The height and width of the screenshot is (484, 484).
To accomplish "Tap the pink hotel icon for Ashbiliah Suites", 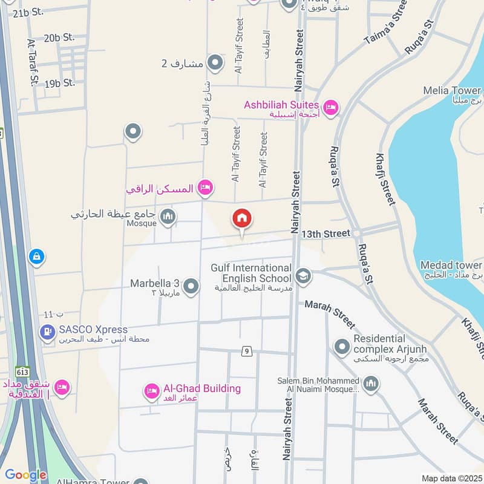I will pos(330,108).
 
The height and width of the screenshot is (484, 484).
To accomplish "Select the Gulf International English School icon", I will pos(303,276).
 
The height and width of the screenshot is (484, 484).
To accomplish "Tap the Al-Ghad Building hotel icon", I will pos(151,391).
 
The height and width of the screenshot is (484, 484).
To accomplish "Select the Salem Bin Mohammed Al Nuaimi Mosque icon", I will pos(370,383).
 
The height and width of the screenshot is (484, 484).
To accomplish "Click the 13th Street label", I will pos(326,234).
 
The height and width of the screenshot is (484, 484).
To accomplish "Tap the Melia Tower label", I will pos(453,91).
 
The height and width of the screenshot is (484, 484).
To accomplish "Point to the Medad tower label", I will pos(451,266).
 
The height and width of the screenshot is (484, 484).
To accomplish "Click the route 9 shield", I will pos(246,351).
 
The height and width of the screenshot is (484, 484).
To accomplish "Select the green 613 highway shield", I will pos(23,371).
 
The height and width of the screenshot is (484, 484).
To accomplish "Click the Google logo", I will pos(25,475).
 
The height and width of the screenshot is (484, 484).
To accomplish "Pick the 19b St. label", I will pos(60,83).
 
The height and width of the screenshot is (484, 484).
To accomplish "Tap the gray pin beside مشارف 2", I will pos(215,62).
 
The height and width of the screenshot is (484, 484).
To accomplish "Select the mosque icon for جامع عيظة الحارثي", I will pos(168,216).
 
